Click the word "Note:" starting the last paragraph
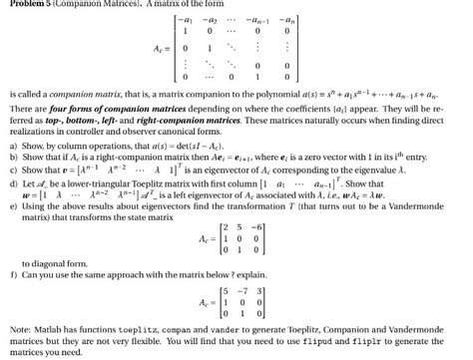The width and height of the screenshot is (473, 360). (19, 326)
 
